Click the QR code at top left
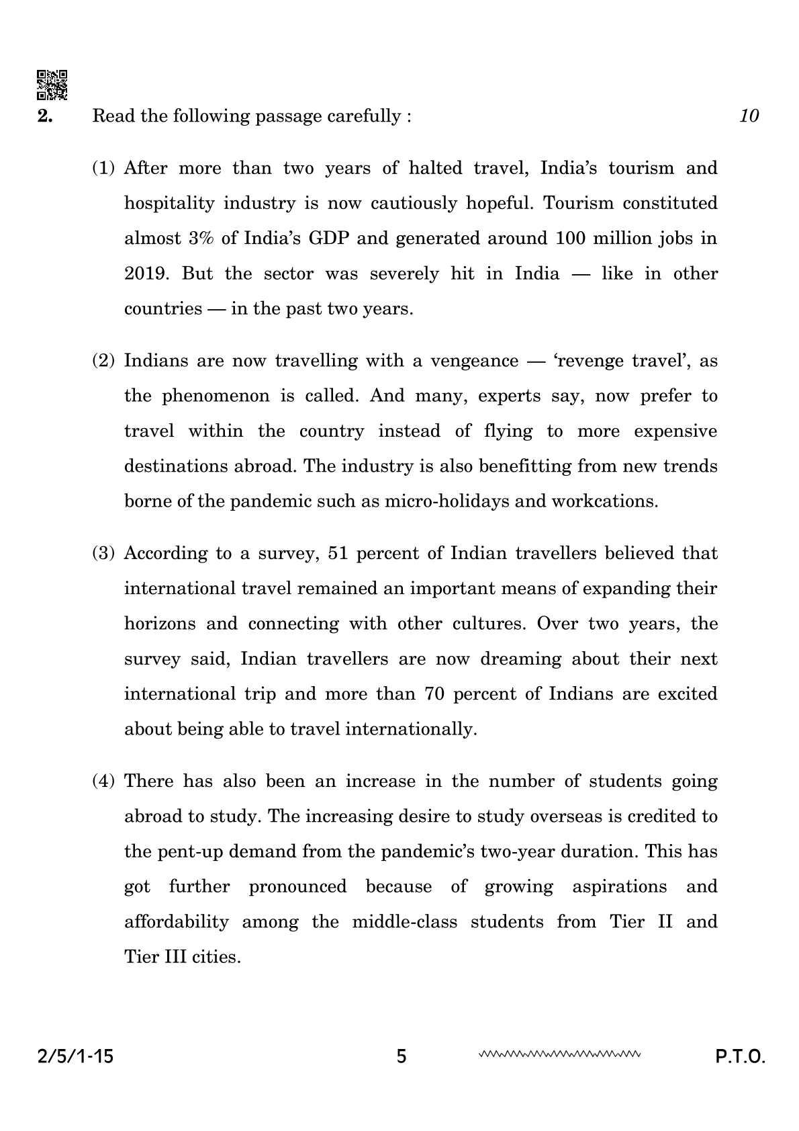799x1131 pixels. point(52,85)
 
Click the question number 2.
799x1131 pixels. point(44,116)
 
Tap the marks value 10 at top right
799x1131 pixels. point(749,116)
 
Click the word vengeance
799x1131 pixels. point(474,361)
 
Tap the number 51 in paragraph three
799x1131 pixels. point(336,554)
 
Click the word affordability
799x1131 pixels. point(177,921)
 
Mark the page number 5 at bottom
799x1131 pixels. point(402,1057)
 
